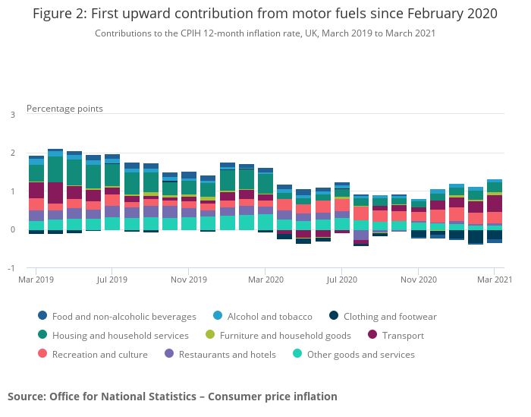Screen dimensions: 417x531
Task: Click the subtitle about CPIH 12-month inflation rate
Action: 265,33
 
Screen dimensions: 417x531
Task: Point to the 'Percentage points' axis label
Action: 64,109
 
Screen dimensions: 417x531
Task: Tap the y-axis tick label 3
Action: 12,115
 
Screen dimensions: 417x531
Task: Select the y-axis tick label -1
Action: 11,269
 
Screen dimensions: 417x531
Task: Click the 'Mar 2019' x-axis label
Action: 36,280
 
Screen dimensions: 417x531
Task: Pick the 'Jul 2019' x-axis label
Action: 112,280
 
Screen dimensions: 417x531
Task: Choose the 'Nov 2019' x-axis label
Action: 189,280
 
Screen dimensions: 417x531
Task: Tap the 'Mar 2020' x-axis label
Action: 265,280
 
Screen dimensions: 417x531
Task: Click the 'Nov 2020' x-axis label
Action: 418,280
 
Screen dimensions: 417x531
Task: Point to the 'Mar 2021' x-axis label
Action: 494,280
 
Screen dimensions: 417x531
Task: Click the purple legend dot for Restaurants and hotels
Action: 169,354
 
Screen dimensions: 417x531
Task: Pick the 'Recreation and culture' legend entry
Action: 99,354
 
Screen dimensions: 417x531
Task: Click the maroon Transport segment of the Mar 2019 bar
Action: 36,190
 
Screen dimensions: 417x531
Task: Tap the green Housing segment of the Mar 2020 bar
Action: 265,184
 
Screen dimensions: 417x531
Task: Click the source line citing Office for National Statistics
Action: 172,396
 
